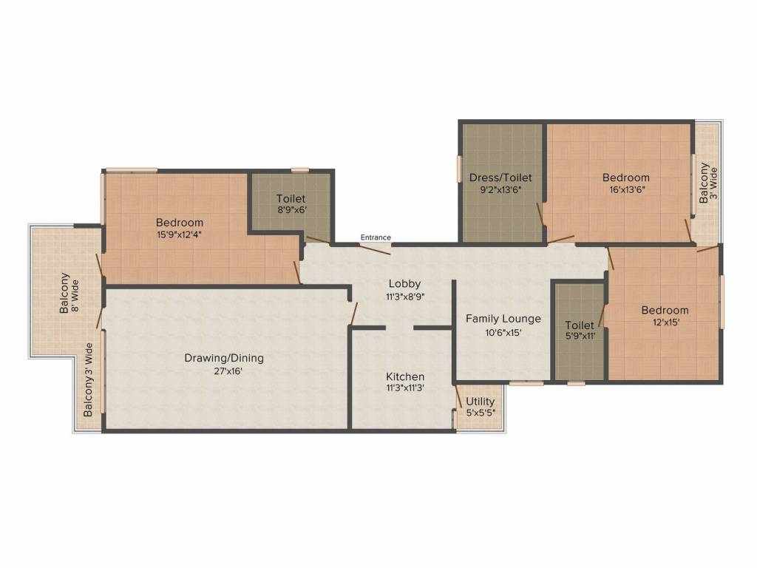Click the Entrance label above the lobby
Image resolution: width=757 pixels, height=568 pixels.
[x=376, y=237]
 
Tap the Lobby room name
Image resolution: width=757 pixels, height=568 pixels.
[x=404, y=283]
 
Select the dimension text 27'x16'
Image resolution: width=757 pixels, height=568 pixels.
[x=223, y=371]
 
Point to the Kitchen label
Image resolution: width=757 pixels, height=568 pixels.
[x=404, y=376]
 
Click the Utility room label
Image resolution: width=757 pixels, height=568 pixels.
[x=481, y=402]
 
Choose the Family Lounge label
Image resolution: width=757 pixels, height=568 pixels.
[x=503, y=319]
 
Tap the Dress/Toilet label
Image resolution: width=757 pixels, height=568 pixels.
[x=500, y=177]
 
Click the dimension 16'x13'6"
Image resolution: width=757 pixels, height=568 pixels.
[x=625, y=190]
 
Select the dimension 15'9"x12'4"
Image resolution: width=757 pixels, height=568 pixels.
[x=179, y=234]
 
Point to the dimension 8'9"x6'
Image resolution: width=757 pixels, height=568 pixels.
[x=291, y=210]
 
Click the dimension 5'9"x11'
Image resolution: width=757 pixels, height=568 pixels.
[x=579, y=337]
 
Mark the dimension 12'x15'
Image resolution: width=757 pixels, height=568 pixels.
[x=665, y=322]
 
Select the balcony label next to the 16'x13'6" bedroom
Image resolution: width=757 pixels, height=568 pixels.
[x=708, y=182]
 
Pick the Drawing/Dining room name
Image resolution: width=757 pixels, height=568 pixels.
[x=223, y=358]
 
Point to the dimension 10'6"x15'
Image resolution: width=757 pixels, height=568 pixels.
[x=503, y=332]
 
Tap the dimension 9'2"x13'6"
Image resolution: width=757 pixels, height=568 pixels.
[x=500, y=190]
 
